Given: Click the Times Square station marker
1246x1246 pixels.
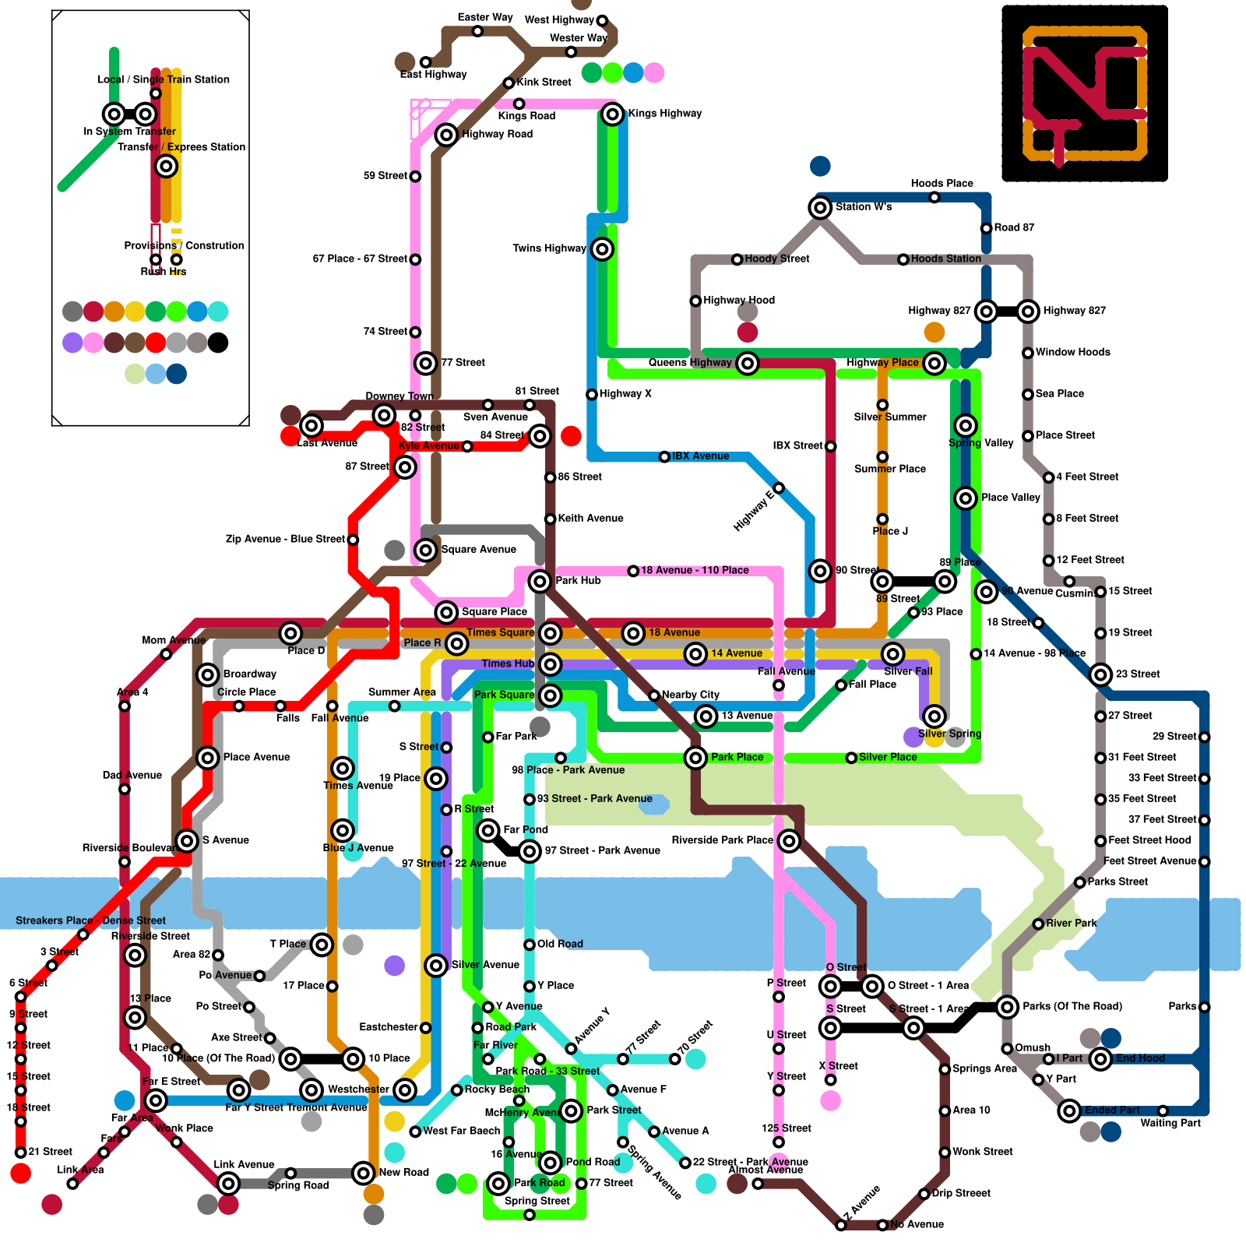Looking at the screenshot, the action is tap(551, 633).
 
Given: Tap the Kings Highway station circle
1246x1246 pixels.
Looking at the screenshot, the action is tap(613, 114).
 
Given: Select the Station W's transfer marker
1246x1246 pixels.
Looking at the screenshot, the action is tap(820, 208).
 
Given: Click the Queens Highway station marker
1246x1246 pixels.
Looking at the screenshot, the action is tap(748, 363).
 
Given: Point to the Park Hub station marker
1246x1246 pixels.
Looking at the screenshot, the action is tap(540, 581).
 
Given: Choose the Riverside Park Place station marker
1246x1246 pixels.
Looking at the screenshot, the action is tap(789, 841).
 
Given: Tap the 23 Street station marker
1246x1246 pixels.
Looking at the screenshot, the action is tap(1100, 674).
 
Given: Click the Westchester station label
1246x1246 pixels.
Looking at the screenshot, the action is tap(357, 1089).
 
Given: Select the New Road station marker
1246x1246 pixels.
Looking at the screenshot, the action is tap(364, 1173).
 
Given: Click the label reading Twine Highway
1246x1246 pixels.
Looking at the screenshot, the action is tap(549, 248).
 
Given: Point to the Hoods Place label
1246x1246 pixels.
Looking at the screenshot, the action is tap(942, 184).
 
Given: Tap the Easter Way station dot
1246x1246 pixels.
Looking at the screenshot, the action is tap(477, 31).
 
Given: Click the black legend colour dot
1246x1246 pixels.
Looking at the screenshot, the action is tap(218, 343).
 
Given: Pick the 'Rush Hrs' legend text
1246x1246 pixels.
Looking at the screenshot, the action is tap(164, 272).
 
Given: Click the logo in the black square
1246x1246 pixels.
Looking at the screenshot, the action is tap(1085, 93).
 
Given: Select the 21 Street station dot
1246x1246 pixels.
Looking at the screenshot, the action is tap(21, 1153).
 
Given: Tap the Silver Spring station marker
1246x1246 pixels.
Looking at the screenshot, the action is tap(935, 716).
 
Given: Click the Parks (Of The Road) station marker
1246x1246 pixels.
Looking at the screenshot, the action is tap(1007, 1007).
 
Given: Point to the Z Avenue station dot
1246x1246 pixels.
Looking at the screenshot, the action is tap(841, 1225).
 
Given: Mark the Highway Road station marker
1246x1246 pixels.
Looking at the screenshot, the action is tap(446, 135).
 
